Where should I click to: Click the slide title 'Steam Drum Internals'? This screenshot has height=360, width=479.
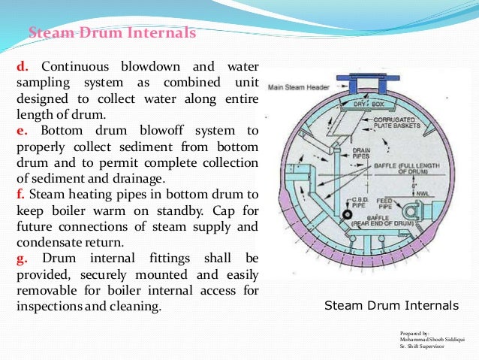pyautogui.click(x=112, y=33)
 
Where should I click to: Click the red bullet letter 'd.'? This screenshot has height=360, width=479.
pyautogui.click(x=23, y=65)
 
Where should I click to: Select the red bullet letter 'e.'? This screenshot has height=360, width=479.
pyautogui.click(x=22, y=132)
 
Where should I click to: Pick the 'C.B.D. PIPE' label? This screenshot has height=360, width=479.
pyautogui.click(x=349, y=202)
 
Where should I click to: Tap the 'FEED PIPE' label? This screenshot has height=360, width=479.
pyautogui.click(x=384, y=202)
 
